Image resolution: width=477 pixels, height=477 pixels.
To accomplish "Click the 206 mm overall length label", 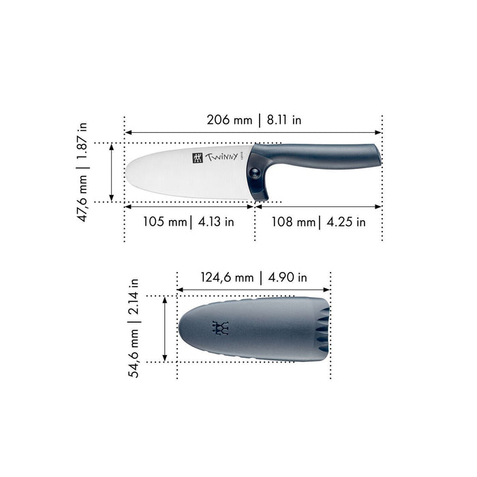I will click(230, 121).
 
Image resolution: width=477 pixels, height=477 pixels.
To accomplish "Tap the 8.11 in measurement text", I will click(284, 121).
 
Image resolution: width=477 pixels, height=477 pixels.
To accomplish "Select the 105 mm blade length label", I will click(164, 221).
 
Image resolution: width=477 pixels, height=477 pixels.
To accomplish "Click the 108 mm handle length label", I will click(294, 221).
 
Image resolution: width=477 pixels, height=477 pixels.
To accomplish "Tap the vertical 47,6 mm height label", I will click(82, 198).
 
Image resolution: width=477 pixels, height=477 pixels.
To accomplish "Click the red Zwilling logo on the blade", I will click(198, 159).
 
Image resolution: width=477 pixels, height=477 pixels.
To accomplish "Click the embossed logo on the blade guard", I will click(219, 328).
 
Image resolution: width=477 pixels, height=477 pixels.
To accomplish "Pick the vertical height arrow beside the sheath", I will click(164, 328).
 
